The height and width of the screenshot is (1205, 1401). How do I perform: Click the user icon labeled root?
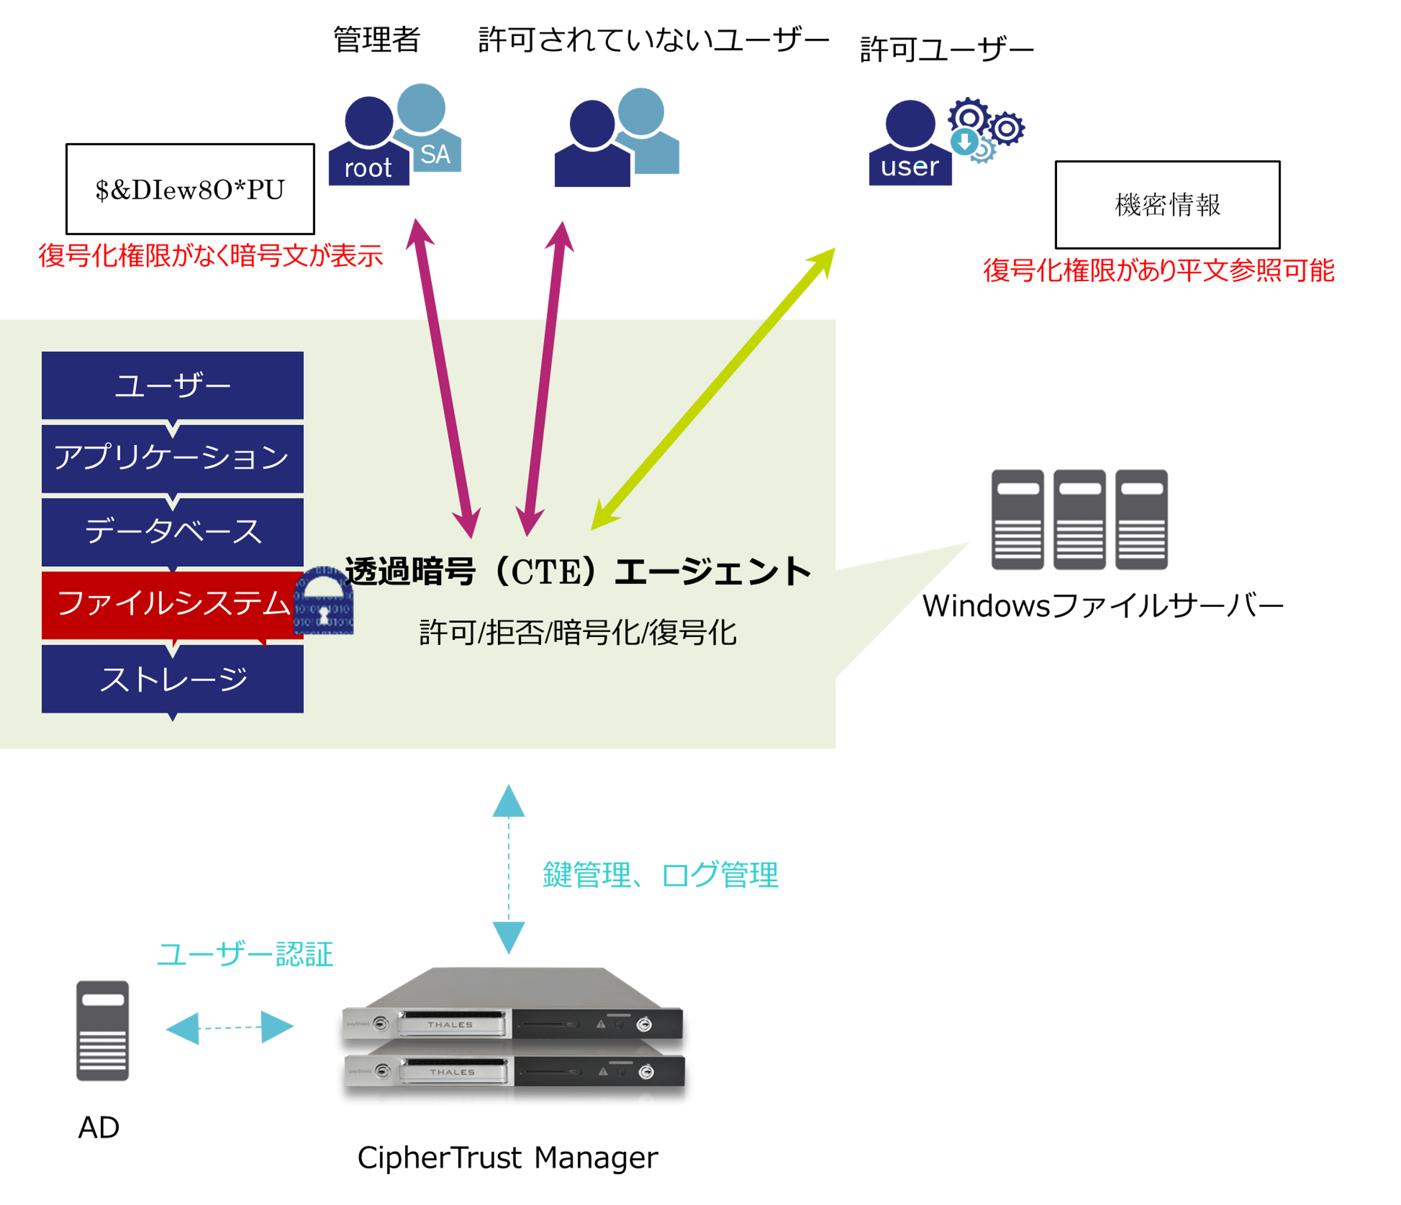pyautogui.click(x=369, y=146)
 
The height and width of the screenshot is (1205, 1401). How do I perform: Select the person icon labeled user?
pyautogui.click(x=910, y=146)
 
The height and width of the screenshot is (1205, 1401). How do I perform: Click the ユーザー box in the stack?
pyautogui.click(x=173, y=385)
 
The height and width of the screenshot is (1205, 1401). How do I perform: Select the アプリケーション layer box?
pyautogui.click(x=173, y=458)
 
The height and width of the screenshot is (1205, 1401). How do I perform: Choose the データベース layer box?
pyautogui.click(x=173, y=531)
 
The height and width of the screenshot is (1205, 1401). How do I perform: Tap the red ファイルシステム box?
pyautogui.click(x=173, y=604)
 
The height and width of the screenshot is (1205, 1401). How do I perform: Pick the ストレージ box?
pyautogui.click(x=173, y=678)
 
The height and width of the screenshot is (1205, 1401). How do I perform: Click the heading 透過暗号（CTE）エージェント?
pyautogui.click(x=578, y=572)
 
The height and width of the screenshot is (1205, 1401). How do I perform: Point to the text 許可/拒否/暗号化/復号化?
pyautogui.click(x=578, y=633)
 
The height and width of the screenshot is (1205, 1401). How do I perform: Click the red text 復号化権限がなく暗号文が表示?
pyautogui.click(x=210, y=256)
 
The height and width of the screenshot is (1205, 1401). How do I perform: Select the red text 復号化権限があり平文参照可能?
pyautogui.click(x=1158, y=270)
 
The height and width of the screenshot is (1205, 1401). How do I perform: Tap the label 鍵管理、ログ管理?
pyautogui.click(x=660, y=874)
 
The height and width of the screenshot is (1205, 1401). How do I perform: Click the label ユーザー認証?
pyautogui.click(x=244, y=954)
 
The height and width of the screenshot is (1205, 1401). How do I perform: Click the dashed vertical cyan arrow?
pyautogui.click(x=509, y=869)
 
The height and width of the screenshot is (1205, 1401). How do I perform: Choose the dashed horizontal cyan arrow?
pyautogui.click(x=230, y=1028)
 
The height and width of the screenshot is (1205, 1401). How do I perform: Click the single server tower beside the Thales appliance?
pyautogui.click(x=103, y=1031)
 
